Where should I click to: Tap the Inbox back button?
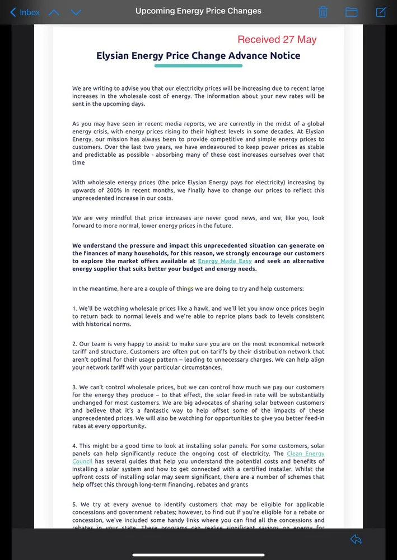pyautogui.click(x=25, y=12)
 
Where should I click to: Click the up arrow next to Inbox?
pyautogui.click(x=54, y=12)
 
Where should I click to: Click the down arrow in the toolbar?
pyautogui.click(x=76, y=12)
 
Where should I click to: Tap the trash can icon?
pyautogui.click(x=323, y=12)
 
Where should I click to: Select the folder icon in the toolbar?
pyautogui.click(x=352, y=12)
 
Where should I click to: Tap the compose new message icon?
pyautogui.click(x=381, y=12)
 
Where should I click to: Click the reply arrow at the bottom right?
pyautogui.click(x=356, y=539)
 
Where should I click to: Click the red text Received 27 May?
pyautogui.click(x=277, y=39)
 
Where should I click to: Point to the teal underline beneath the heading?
pyautogui.click(x=198, y=66)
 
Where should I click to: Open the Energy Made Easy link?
pyautogui.click(x=225, y=261)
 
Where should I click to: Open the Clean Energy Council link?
pyautogui.click(x=305, y=454)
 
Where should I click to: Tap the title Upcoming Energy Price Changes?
pyautogui.click(x=198, y=11)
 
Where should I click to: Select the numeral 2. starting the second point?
pyautogui.click(x=74, y=344)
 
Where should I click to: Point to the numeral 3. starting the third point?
pyautogui.click(x=74, y=388)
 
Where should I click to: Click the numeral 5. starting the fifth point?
pyautogui.click(x=74, y=505)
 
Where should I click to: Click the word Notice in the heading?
pyautogui.click(x=284, y=55)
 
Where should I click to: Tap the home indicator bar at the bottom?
pyautogui.click(x=198, y=555)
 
